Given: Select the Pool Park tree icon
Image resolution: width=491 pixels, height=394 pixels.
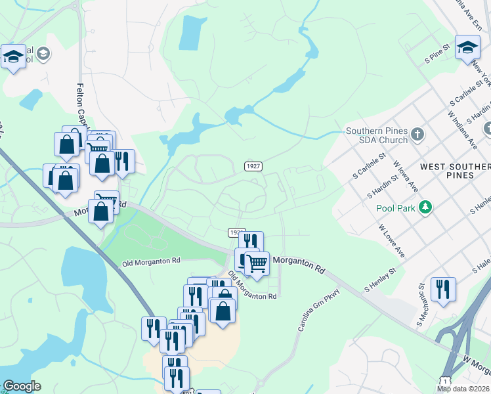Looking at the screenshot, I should (426, 208).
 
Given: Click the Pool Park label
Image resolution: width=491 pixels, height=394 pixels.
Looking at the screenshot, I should (396, 208).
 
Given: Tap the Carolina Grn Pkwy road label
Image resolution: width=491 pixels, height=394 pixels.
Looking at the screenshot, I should (320, 309).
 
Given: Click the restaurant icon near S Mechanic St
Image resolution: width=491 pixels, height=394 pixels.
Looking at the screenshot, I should (443, 288).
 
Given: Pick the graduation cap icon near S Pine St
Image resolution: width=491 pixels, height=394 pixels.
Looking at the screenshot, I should (468, 48).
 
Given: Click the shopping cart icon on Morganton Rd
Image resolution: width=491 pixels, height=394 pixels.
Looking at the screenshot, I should (257, 263).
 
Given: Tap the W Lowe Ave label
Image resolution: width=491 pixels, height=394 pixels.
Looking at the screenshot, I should (391, 242).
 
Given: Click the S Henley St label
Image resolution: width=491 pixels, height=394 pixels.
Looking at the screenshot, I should (381, 279).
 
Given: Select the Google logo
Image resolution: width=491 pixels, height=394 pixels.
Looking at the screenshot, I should (22, 386).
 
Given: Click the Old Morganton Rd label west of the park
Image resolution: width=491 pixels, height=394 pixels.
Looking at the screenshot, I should (151, 261).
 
